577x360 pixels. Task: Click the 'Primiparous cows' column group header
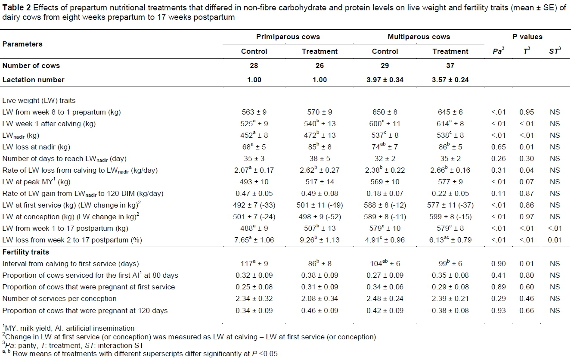[288, 37]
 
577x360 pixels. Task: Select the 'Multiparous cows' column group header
[419, 37]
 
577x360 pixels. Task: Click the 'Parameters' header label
[22, 44]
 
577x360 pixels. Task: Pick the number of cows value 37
[450, 65]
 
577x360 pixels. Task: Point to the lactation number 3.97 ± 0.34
[385, 80]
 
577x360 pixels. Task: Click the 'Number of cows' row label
[31, 65]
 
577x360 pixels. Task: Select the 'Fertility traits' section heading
[26, 252]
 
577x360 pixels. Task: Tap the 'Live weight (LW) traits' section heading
[39, 100]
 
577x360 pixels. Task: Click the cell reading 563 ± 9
[254, 112]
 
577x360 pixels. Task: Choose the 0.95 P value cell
[526, 112]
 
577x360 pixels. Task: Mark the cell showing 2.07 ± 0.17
[254, 158]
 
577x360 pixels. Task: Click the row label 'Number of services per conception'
[59, 298]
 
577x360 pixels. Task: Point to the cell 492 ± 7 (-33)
[254, 205]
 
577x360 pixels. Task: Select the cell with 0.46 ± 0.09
[320, 310]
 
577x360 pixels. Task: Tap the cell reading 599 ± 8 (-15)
[450, 217]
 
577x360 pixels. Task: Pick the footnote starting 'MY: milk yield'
[68, 328]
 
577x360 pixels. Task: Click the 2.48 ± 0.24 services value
[385, 298]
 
